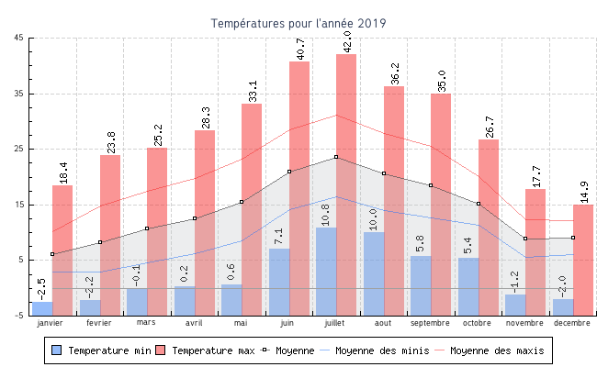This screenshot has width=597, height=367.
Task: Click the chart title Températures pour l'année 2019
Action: coord(298,23)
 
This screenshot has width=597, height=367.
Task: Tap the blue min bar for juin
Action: coord(279,282)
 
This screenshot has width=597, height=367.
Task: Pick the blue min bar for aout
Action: coord(374,273)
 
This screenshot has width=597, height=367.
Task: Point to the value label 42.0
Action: coord(347,40)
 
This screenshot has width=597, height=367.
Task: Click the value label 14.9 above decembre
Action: coord(584,191)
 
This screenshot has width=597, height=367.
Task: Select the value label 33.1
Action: coord(253,90)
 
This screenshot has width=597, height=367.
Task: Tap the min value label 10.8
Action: coord(326,214)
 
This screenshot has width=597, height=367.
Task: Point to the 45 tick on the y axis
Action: coord(19,38)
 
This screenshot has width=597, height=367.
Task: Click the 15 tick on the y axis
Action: coord(19,205)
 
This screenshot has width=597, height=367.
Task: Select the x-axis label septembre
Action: coord(430,323)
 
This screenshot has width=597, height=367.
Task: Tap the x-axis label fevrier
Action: coord(99,323)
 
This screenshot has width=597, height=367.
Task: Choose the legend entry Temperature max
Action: coord(206,350)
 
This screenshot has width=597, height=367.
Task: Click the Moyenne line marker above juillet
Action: coord(336,157)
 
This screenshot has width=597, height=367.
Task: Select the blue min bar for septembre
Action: coord(421,285)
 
